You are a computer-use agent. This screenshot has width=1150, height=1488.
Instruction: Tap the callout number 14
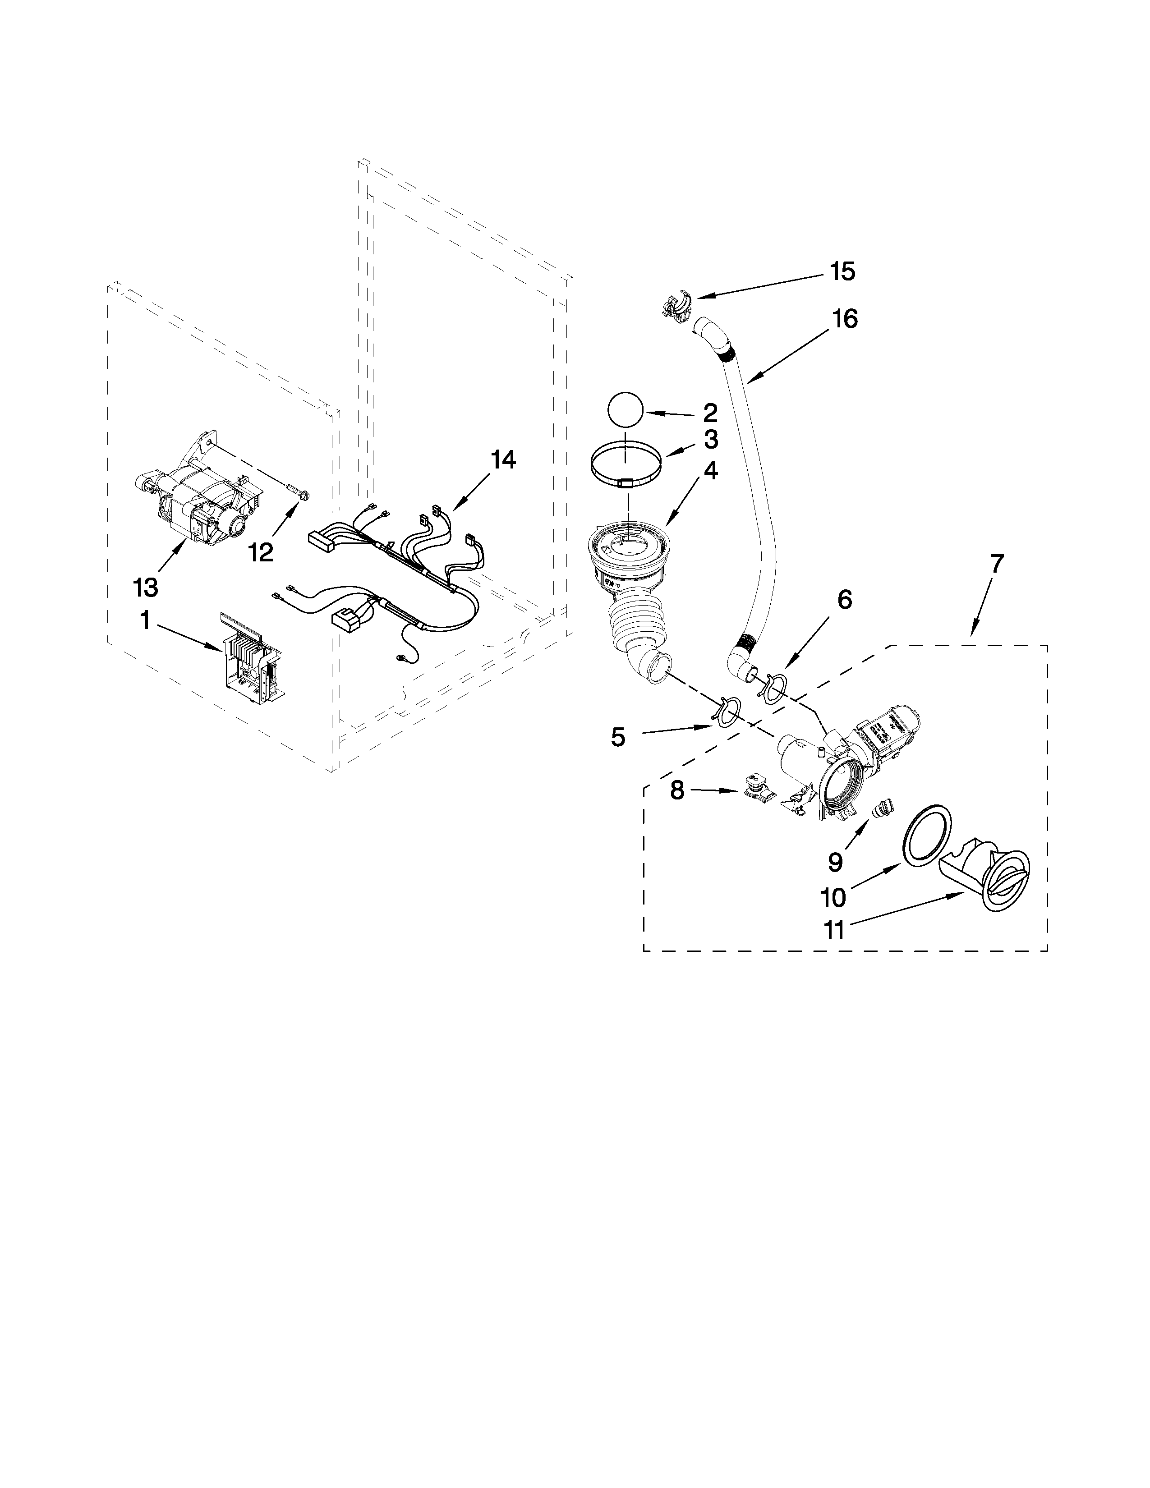click(x=503, y=460)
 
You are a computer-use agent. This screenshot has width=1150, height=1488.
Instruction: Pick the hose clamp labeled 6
click(x=773, y=685)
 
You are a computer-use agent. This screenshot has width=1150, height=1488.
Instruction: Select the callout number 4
click(x=710, y=470)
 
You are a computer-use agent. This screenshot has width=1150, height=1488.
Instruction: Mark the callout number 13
click(x=146, y=586)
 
